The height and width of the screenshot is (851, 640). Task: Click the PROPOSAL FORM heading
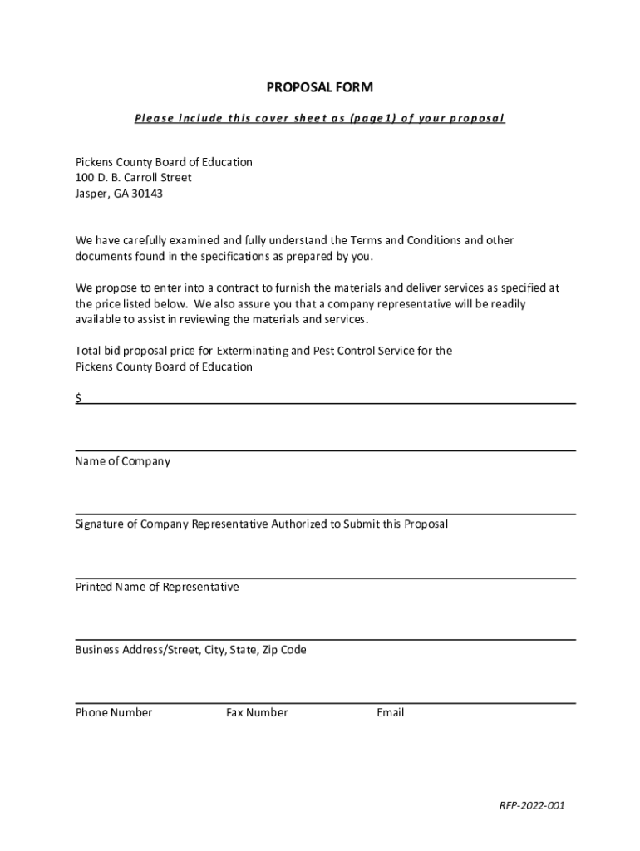coord(319,87)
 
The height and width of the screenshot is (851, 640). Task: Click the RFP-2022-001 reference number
coord(532,805)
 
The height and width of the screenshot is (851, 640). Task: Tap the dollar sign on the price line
coord(79,398)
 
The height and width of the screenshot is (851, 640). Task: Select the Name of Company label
coord(123,461)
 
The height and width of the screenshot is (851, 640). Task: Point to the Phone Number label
coord(114,712)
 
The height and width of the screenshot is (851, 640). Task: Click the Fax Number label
coord(257,712)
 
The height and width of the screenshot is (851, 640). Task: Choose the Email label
coord(390,712)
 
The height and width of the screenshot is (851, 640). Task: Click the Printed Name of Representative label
coord(157,587)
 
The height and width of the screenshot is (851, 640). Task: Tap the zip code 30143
coord(145,194)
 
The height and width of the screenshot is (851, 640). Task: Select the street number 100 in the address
coord(85,178)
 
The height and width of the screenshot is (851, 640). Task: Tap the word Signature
coord(99,524)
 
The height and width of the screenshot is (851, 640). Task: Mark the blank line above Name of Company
coord(326,450)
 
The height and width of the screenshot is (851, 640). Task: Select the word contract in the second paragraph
coord(233,288)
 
